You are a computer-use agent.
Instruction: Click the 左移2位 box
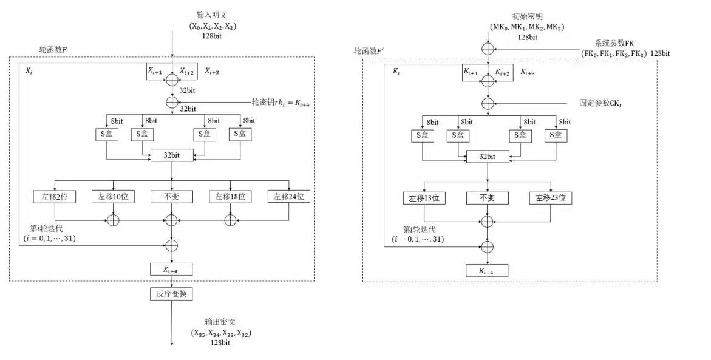click(x=55, y=197)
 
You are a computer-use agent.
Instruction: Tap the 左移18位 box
click(x=230, y=197)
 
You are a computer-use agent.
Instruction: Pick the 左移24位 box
click(x=288, y=197)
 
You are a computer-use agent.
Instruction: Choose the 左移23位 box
click(x=551, y=198)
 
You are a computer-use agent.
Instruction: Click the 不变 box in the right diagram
click(x=488, y=198)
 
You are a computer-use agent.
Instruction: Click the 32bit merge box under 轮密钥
click(x=172, y=156)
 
